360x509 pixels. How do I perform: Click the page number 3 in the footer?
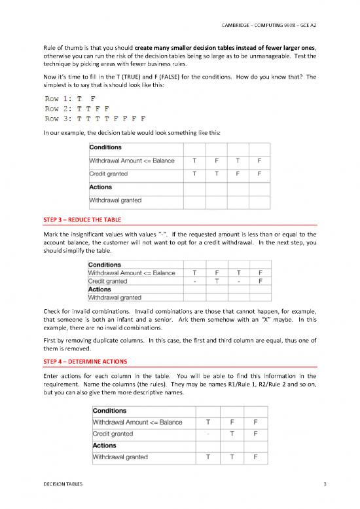click(x=315, y=483)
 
